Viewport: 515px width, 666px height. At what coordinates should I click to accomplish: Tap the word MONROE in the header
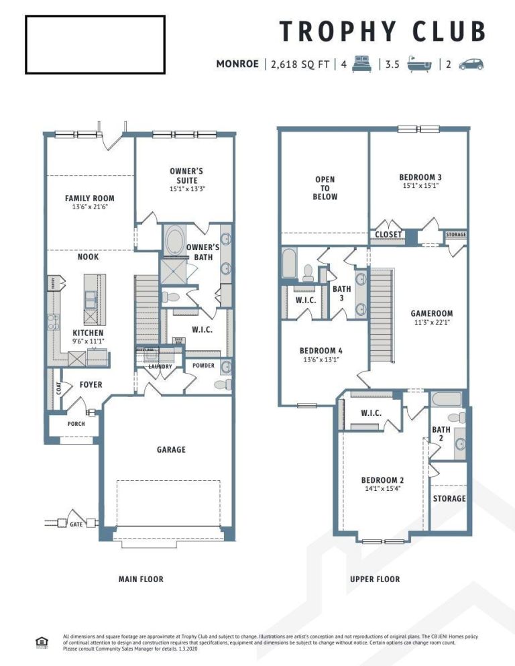(237, 64)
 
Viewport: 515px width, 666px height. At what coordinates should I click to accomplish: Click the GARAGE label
(171, 449)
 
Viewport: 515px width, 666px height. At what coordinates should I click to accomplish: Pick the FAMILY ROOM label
(89, 199)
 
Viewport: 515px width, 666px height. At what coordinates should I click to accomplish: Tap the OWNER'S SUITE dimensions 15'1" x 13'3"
(186, 188)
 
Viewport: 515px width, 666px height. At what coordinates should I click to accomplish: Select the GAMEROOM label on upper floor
(431, 313)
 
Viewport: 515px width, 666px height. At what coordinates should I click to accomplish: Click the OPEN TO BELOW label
(325, 188)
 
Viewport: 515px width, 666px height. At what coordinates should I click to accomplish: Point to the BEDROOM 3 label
(420, 178)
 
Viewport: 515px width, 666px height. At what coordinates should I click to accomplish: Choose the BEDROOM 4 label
(321, 351)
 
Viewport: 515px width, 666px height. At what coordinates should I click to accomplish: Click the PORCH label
(76, 424)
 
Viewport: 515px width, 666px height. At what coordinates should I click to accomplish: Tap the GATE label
(76, 524)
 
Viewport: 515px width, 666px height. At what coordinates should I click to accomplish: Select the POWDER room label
(203, 366)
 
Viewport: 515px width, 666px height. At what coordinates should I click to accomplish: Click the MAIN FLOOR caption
(140, 579)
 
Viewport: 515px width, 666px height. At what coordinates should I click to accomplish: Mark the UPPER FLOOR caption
(375, 579)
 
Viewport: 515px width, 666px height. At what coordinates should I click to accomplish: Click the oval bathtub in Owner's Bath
(176, 240)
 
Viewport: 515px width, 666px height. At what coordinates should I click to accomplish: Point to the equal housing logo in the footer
(42, 643)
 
